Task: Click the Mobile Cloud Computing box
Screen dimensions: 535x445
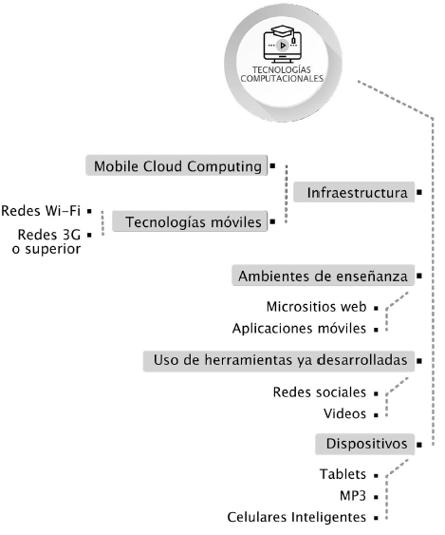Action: click(176, 166)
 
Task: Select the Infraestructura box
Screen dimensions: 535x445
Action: click(357, 193)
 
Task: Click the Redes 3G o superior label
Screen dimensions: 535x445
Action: click(42, 241)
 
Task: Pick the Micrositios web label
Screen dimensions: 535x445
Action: click(316, 308)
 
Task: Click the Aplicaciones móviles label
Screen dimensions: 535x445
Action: click(299, 329)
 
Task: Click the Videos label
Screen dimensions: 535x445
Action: click(343, 414)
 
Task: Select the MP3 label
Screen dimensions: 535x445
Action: click(352, 496)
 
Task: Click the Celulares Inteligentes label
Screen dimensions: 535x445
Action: click(296, 518)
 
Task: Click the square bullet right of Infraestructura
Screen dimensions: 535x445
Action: click(418, 193)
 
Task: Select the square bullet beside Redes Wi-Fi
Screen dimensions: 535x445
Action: click(89, 209)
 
